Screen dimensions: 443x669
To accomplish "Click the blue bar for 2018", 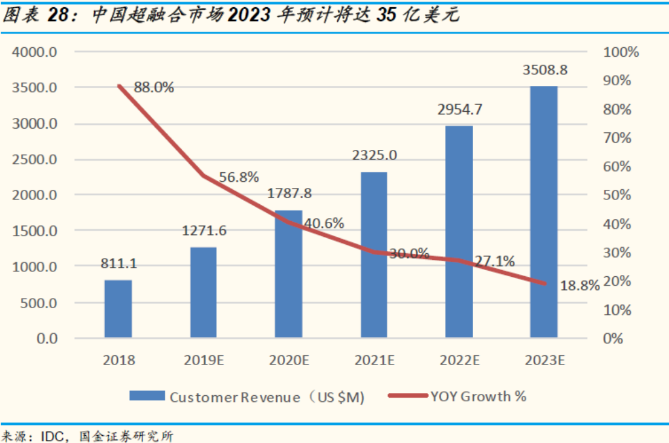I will pyautogui.click(x=118, y=308).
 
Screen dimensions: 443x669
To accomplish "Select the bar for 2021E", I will pyautogui.click(x=374, y=254).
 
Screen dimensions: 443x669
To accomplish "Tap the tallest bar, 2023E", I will pyautogui.click(x=544, y=212).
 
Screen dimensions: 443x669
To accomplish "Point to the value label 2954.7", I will pyautogui.click(x=459, y=109).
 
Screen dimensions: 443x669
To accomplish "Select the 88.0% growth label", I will pyautogui.click(x=154, y=88).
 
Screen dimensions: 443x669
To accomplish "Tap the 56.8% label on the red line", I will pyautogui.click(x=238, y=177).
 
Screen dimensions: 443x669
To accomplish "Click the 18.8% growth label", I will pyautogui.click(x=580, y=285).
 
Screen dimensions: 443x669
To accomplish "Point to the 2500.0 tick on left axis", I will pyautogui.click(x=34, y=160).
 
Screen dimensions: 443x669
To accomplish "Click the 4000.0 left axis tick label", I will pyautogui.click(x=34, y=52).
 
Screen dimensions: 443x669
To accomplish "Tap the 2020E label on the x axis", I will pyautogui.click(x=289, y=361).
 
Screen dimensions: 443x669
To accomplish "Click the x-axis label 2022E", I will pyautogui.click(x=459, y=361).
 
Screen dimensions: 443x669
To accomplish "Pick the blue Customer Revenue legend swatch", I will pyautogui.click(x=147, y=396).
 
